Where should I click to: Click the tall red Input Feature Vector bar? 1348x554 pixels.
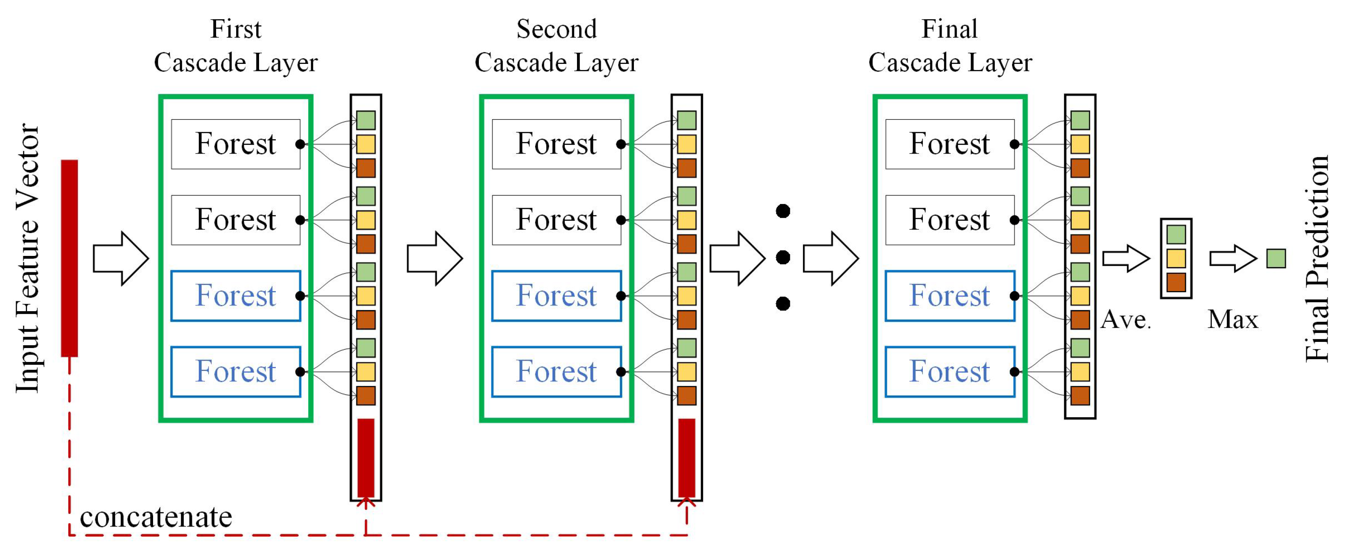(69, 258)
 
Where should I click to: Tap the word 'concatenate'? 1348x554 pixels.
(156, 517)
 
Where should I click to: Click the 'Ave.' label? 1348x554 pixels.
(1125, 319)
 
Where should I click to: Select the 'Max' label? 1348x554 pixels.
(1232, 319)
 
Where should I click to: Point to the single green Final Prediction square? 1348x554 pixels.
(1276, 258)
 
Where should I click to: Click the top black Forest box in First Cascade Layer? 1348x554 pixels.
(235, 144)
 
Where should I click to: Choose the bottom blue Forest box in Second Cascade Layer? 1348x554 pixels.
(556, 372)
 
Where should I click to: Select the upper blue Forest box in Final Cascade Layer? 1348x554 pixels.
(949, 296)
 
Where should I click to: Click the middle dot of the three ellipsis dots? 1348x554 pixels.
(783, 258)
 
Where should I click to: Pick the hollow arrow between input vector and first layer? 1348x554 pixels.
(121, 258)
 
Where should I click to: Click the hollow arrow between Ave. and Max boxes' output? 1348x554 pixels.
(1232, 258)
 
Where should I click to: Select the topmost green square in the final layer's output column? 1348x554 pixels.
(1080, 120)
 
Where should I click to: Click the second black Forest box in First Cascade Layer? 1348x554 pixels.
(235, 220)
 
